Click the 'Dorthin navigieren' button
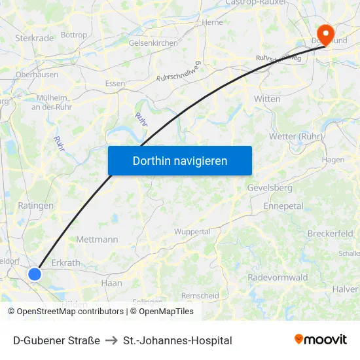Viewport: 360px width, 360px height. (180, 160)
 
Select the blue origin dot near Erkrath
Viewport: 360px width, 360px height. (35, 274)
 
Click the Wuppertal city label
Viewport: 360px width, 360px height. (192, 232)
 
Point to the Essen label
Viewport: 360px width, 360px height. (115, 84)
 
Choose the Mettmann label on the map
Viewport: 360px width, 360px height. (97, 240)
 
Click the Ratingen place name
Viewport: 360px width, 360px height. (35, 206)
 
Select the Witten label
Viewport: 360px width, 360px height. (267, 99)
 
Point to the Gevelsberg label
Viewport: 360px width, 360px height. (270, 188)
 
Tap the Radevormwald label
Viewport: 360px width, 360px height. (278, 278)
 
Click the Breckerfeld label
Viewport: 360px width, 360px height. (330, 234)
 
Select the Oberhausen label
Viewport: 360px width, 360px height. (37, 75)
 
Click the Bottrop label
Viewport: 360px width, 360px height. (73, 35)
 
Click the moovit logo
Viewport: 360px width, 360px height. (321, 340)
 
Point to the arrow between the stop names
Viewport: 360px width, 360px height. (111, 340)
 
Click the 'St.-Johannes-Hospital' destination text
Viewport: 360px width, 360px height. (177, 340)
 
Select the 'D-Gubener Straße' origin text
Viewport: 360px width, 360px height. (56, 340)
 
